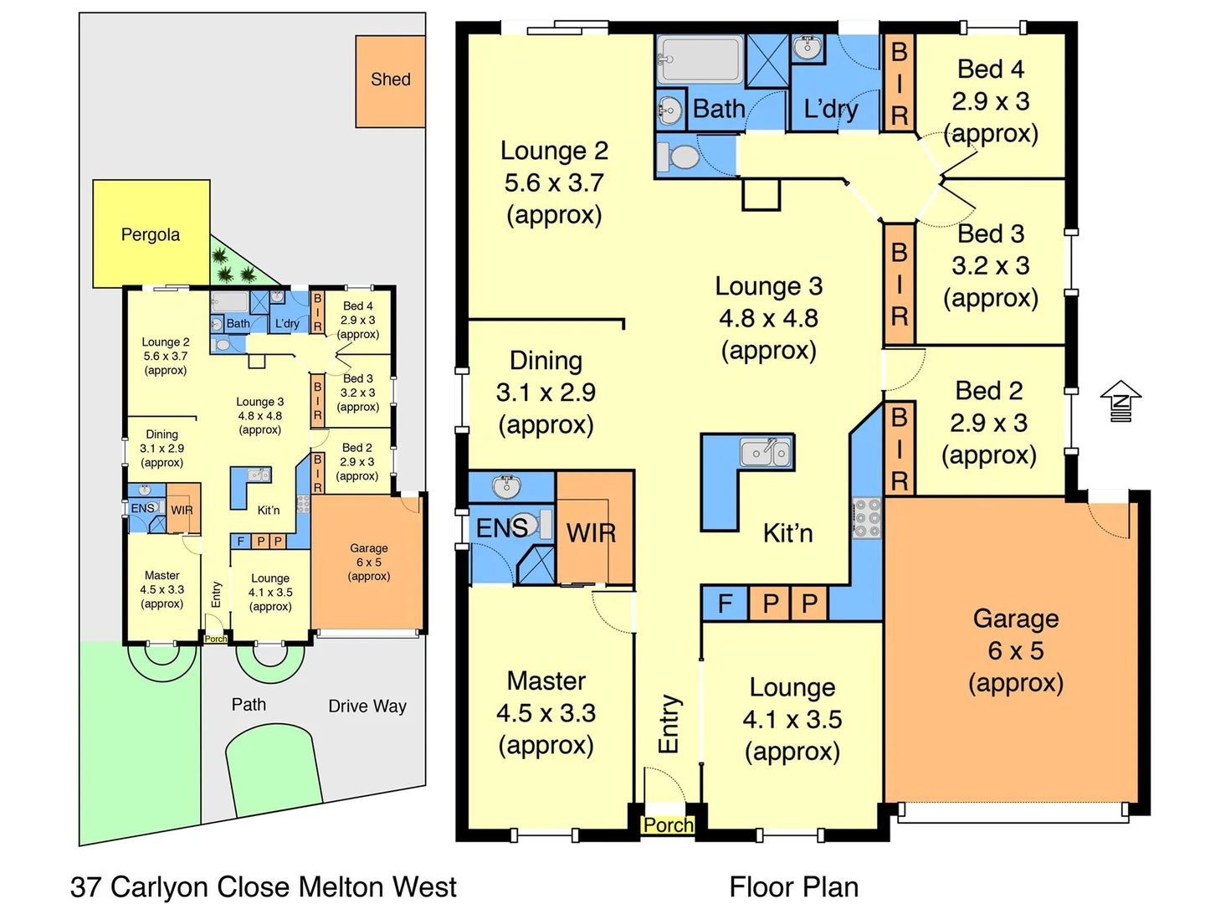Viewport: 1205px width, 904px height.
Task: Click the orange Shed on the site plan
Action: click(390, 80)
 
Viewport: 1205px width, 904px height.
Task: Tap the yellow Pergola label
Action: click(151, 234)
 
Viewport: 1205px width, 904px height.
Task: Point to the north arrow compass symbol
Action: click(1120, 401)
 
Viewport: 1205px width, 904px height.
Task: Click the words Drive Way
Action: click(367, 706)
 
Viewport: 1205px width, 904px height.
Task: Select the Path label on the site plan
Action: click(249, 705)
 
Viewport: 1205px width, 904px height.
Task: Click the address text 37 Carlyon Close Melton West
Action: click(264, 886)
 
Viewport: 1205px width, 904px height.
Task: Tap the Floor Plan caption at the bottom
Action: click(793, 886)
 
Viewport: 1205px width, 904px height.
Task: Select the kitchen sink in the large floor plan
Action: click(766, 452)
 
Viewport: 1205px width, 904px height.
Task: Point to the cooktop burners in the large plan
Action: click(868, 518)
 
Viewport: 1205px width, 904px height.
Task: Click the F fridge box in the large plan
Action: click(725, 603)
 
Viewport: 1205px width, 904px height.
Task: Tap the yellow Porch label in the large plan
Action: click(668, 825)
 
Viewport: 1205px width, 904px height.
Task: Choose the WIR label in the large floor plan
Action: click(591, 532)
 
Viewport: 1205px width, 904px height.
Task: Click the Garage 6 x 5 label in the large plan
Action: click(1016, 650)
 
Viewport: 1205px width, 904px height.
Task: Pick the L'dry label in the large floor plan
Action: click(830, 109)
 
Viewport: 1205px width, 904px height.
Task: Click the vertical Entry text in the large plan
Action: click(669, 723)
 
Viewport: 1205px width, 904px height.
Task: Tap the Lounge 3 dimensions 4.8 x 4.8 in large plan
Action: click(768, 318)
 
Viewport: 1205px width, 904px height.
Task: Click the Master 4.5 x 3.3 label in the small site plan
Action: click(162, 589)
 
